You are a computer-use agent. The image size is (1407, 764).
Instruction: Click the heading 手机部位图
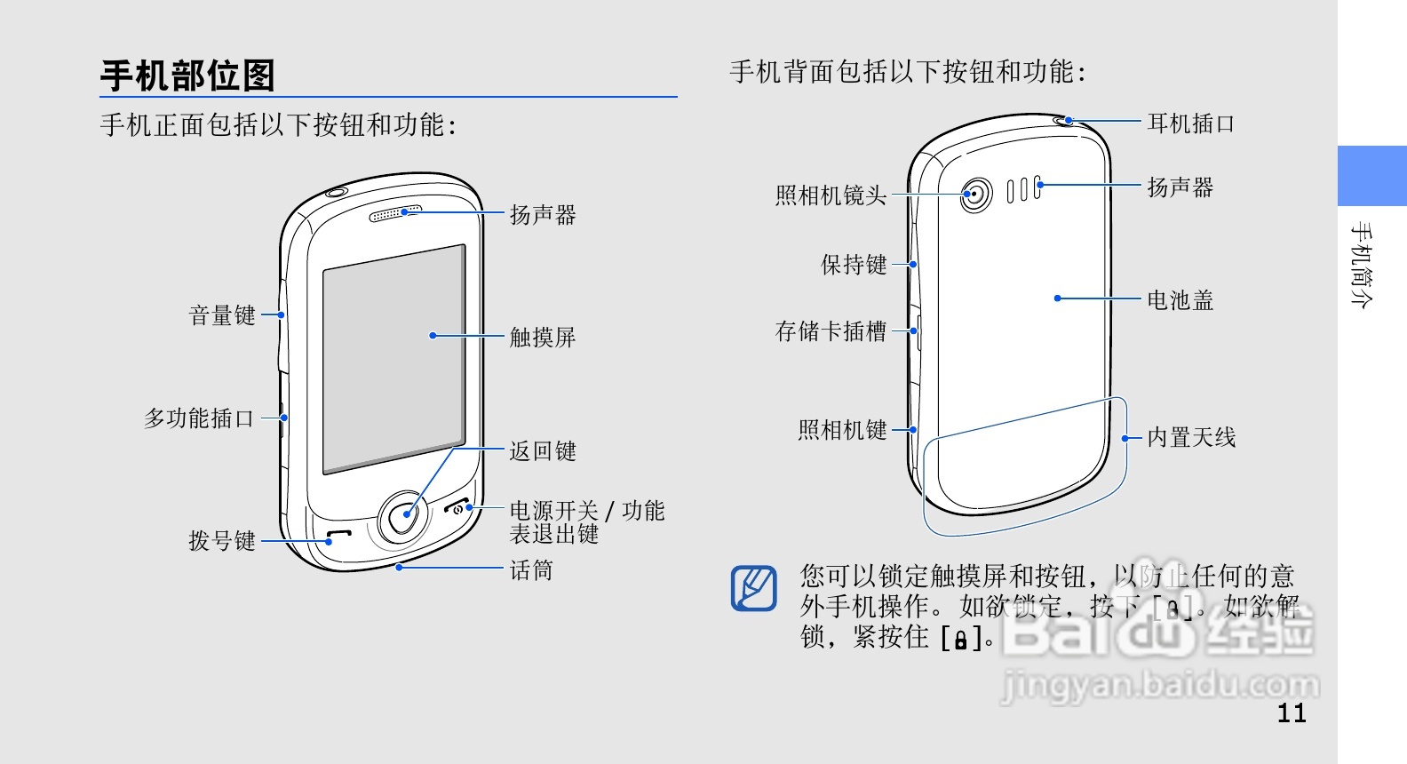pyautogui.click(x=187, y=76)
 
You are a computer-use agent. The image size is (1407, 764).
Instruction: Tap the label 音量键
pyautogui.click(x=222, y=315)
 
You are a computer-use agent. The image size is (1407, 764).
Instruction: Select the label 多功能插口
pyautogui.click(x=199, y=418)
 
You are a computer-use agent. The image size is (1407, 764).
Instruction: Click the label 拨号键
pyautogui.click(x=222, y=541)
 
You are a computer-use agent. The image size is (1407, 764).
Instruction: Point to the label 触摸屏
pyautogui.click(x=543, y=338)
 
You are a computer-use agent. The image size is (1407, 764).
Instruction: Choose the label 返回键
pyautogui.click(x=543, y=451)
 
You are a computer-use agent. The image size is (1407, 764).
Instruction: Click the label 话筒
pyautogui.click(x=531, y=570)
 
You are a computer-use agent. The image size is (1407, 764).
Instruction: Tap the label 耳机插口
pyautogui.click(x=1191, y=123)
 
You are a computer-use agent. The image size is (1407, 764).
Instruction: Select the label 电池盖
pyautogui.click(x=1180, y=300)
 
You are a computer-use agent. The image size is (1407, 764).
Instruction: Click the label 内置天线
pyautogui.click(x=1191, y=437)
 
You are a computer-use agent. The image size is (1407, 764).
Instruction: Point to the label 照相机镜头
pyautogui.click(x=831, y=195)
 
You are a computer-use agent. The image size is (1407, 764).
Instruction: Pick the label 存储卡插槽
pyautogui.click(x=831, y=331)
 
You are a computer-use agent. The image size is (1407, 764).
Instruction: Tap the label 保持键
pyautogui.click(x=854, y=265)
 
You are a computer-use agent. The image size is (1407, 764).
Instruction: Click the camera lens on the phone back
pyautogui.click(x=976, y=194)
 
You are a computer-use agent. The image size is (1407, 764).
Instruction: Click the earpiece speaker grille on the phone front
pyautogui.click(x=395, y=213)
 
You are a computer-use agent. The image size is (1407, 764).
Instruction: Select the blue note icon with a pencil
pyautogui.click(x=753, y=588)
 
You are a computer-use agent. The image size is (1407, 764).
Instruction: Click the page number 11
pyautogui.click(x=1292, y=712)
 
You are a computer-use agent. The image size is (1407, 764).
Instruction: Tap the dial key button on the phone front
pyautogui.click(x=338, y=537)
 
